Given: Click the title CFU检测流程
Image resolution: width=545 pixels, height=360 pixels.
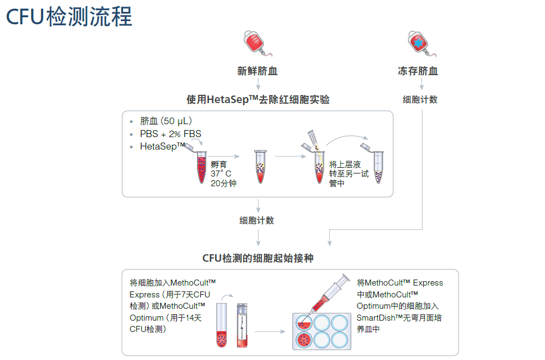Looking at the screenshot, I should (69, 17).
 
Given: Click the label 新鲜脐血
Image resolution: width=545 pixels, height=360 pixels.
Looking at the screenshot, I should (257, 71).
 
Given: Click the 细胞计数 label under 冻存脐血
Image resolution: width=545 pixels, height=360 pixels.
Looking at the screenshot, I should (420, 100).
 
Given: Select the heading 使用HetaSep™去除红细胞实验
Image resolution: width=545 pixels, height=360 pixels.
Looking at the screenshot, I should (257, 100).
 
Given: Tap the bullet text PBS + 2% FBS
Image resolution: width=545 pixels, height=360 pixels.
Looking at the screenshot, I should (171, 134).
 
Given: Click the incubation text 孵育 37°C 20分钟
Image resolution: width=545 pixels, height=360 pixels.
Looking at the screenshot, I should (223, 174).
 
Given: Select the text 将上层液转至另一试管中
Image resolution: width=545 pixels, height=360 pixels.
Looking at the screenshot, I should (348, 174).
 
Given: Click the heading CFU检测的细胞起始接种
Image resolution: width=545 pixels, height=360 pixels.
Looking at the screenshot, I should (257, 259).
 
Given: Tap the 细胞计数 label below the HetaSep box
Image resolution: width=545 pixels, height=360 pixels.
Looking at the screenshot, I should (257, 221).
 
